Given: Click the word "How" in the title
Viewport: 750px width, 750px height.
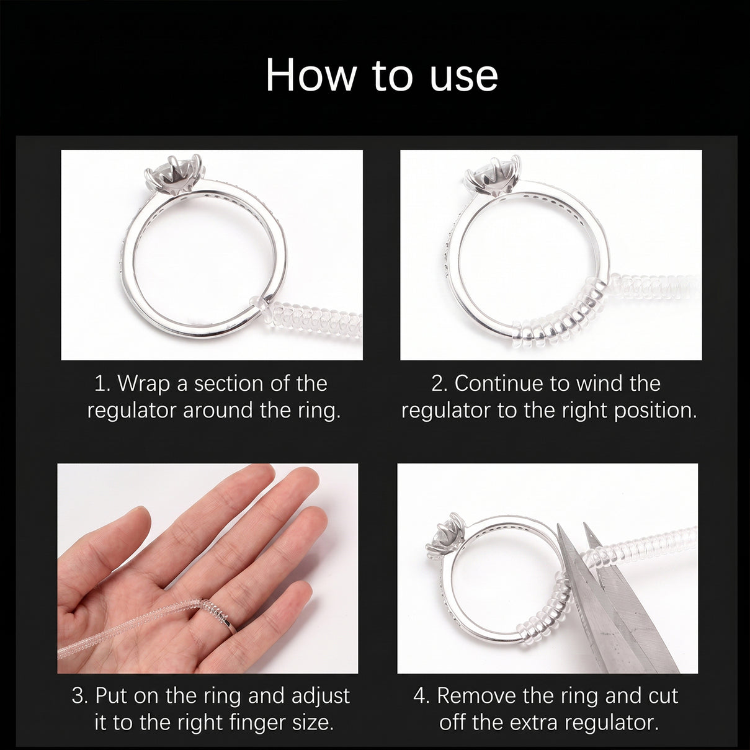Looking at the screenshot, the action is tap(311, 74).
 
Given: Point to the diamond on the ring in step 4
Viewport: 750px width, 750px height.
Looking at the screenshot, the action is tap(444, 534).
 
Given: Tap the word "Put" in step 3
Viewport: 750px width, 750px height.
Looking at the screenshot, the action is tap(112, 695).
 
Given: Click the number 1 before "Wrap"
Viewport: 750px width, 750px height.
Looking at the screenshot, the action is tap(100, 384).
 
